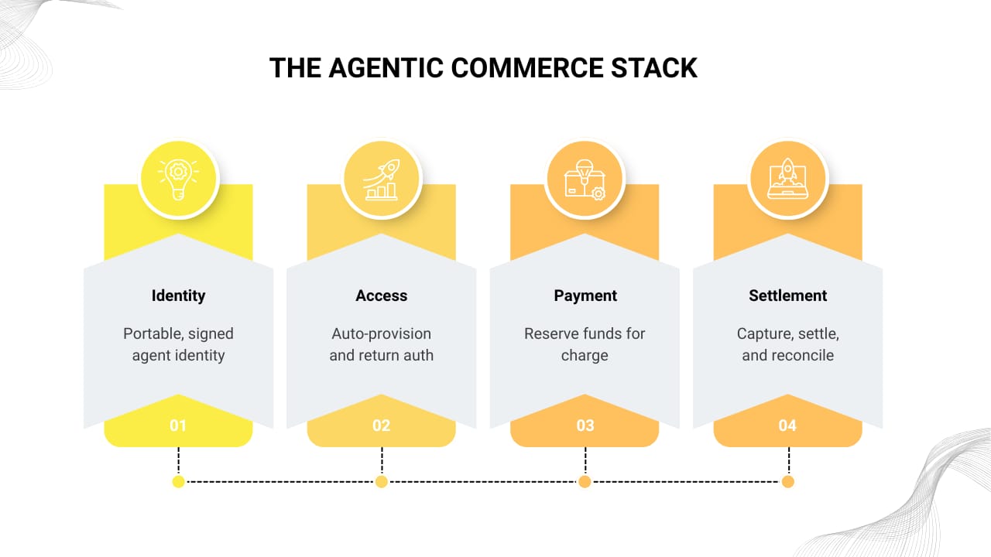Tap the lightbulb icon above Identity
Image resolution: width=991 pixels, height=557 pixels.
click(x=179, y=179)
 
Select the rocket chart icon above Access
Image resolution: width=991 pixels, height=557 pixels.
click(x=382, y=179)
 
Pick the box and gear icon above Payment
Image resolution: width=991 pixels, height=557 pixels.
click(x=585, y=179)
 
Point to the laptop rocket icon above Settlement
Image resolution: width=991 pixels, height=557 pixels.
click(x=788, y=179)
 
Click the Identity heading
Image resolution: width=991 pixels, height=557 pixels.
click(x=179, y=296)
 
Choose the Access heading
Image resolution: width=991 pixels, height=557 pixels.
click(x=382, y=296)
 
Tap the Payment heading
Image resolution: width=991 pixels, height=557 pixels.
click(x=585, y=296)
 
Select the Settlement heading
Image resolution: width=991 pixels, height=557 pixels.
click(x=788, y=296)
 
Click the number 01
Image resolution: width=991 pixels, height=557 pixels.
click(x=179, y=425)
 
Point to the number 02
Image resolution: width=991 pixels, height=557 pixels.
click(x=382, y=425)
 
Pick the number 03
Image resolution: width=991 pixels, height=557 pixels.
click(x=585, y=425)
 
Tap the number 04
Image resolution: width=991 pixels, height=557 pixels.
click(x=788, y=425)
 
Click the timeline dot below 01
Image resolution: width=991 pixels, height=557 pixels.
click(x=179, y=482)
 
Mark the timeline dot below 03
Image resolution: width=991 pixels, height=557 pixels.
click(x=585, y=482)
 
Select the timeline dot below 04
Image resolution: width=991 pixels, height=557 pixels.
click(x=788, y=482)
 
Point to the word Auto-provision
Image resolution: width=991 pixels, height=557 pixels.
click(x=382, y=334)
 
